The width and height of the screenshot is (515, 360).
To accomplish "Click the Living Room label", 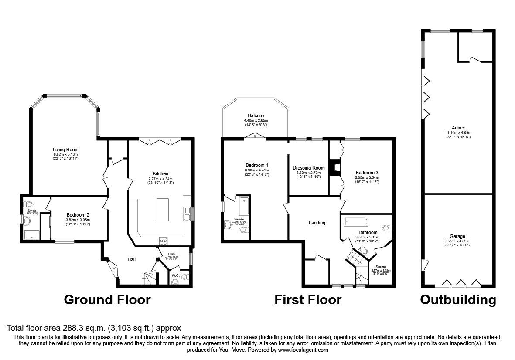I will point(65,149).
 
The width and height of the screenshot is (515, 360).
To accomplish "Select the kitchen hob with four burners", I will point(164,241).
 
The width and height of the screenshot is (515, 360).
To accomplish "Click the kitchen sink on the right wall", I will point(187,215).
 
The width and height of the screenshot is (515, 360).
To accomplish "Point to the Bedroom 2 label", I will point(78,215).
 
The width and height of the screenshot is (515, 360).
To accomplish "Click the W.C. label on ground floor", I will point(175,275).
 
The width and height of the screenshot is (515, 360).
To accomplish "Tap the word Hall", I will point(131,260).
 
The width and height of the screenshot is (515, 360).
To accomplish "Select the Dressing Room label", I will point(309,168).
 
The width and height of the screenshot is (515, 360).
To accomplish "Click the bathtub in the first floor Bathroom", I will point(355,221).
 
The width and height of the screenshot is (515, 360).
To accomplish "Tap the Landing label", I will point(317,223).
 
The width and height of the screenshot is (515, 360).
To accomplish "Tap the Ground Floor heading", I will point(107,300).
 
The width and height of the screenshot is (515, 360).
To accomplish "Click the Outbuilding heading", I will point(458,300).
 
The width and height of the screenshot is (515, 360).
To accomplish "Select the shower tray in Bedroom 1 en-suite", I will point(244,206).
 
